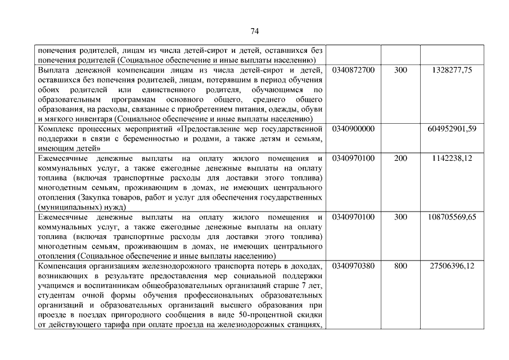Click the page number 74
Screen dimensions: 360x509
(x=254, y=31)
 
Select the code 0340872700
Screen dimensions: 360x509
(x=354, y=70)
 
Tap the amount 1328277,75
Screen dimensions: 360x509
(x=452, y=70)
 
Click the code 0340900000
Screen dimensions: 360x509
(x=354, y=129)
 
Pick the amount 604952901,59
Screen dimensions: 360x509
(x=452, y=129)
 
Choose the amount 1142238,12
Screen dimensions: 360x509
(x=452, y=158)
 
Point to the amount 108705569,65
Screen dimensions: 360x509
(x=452, y=217)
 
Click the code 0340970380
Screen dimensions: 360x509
(x=354, y=266)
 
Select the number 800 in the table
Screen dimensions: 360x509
(x=400, y=266)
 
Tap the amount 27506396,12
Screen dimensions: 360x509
(x=452, y=266)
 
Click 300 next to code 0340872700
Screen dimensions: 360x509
(x=400, y=70)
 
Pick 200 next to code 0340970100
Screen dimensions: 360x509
(x=400, y=158)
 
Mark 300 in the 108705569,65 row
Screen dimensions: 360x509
(x=400, y=217)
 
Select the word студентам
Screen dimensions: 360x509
(x=57, y=295)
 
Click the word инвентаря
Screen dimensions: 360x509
(x=93, y=119)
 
